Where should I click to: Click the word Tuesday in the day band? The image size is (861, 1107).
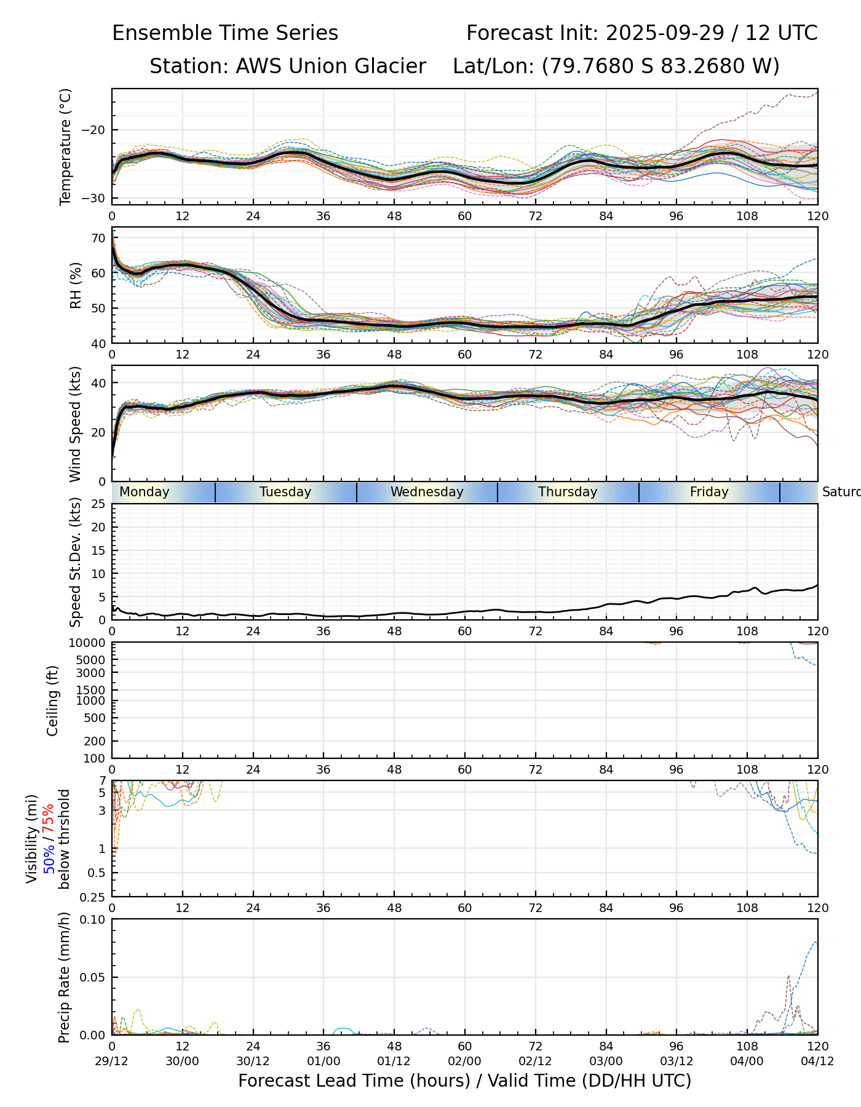click(x=285, y=492)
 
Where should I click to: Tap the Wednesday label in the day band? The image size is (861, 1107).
click(x=427, y=492)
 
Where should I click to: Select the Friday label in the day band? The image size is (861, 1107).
click(x=709, y=492)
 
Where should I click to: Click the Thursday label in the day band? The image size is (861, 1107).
click(x=568, y=492)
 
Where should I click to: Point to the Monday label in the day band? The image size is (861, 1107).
click(x=145, y=492)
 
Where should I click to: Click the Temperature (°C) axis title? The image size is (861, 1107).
click(x=66, y=146)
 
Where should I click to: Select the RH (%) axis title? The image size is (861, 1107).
click(x=76, y=285)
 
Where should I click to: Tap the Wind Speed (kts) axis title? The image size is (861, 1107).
click(x=76, y=424)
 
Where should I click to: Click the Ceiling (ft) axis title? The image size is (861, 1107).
click(x=53, y=700)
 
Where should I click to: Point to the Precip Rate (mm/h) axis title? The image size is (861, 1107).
click(x=64, y=977)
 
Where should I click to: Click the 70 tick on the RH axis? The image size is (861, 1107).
click(x=98, y=238)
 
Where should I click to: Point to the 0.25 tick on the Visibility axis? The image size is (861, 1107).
click(x=94, y=897)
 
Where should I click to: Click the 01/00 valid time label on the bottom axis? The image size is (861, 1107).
click(x=323, y=1061)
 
